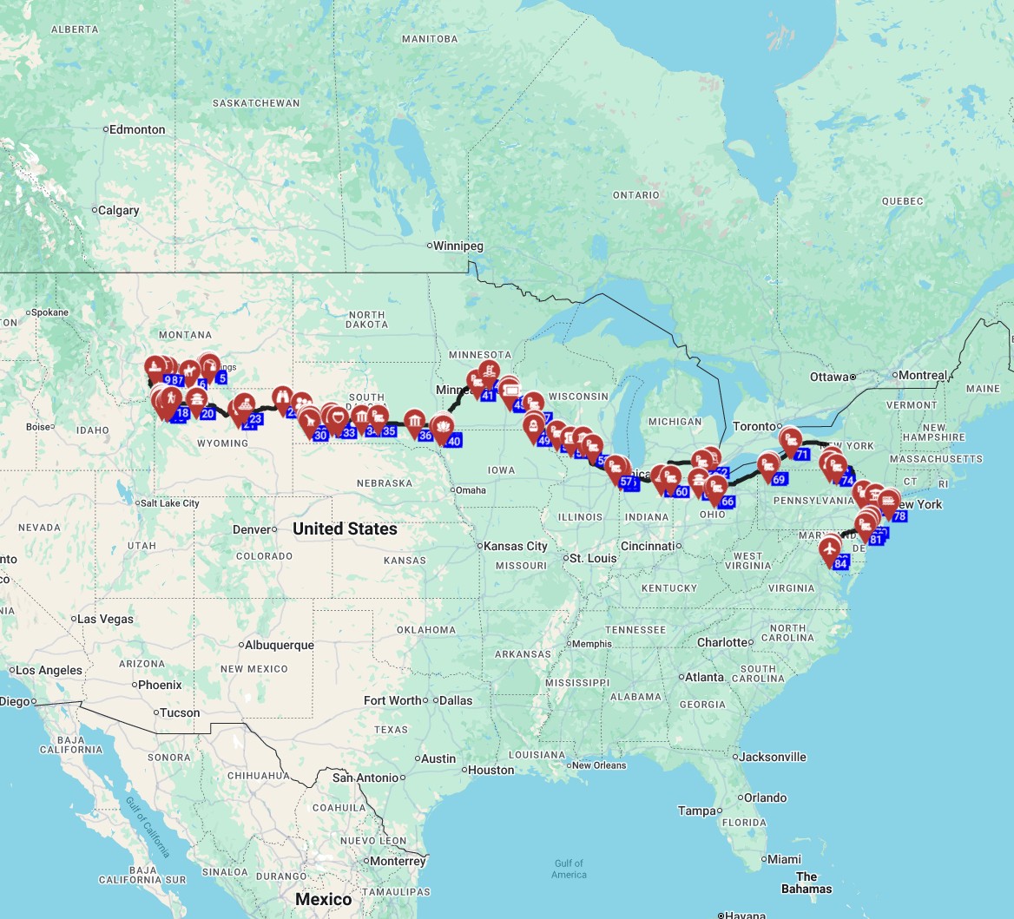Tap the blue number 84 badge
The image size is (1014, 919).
[840, 564]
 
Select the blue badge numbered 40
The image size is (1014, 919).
[453, 441]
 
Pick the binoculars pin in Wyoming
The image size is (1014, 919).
[282, 397]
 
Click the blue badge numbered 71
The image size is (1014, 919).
[801, 455]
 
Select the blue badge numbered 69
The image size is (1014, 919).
[778, 479]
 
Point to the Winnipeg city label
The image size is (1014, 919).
[458, 246]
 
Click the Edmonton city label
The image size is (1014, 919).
[136, 129]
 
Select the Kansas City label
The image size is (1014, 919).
[516, 546]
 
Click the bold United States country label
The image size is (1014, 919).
[345, 528]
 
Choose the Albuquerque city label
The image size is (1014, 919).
[279, 645]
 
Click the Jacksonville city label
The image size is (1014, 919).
[773, 757]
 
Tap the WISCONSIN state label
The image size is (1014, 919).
[580, 396]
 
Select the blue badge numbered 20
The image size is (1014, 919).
[207, 413]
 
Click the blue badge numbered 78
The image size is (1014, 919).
[899, 516]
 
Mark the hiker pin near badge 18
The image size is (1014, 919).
[173, 400]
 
